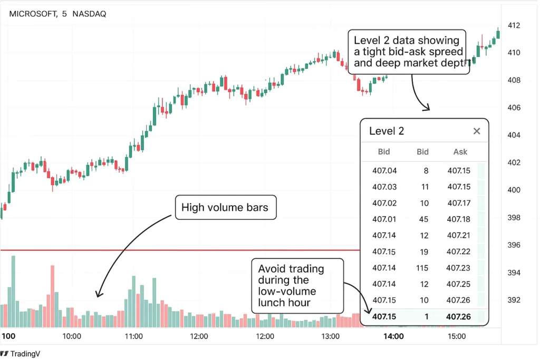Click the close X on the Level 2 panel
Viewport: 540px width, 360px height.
pyautogui.click(x=477, y=131)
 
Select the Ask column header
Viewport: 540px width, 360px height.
pyautogui.click(x=460, y=152)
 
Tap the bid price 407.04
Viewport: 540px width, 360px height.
pyautogui.click(x=384, y=170)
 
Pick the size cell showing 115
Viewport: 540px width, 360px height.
pyautogui.click(x=421, y=268)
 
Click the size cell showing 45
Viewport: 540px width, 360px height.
pyautogui.click(x=423, y=219)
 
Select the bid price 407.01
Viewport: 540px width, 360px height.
pyautogui.click(x=384, y=219)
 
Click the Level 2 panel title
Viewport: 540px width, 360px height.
pyautogui.click(x=387, y=131)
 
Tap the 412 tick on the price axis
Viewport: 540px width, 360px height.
pyautogui.click(x=514, y=25)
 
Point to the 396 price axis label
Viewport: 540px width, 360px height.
pyautogui.click(x=514, y=245)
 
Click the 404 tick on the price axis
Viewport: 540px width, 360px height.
pyautogui.click(x=514, y=135)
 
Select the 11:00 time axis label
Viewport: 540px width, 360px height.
pyautogui.click(x=133, y=336)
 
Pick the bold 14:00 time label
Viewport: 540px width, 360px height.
pyautogui.click(x=393, y=336)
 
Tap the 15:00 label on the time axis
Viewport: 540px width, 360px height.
pyautogui.click(x=457, y=336)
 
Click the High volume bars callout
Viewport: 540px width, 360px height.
pyautogui.click(x=225, y=208)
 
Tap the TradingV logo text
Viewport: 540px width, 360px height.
pyautogui.click(x=27, y=354)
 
